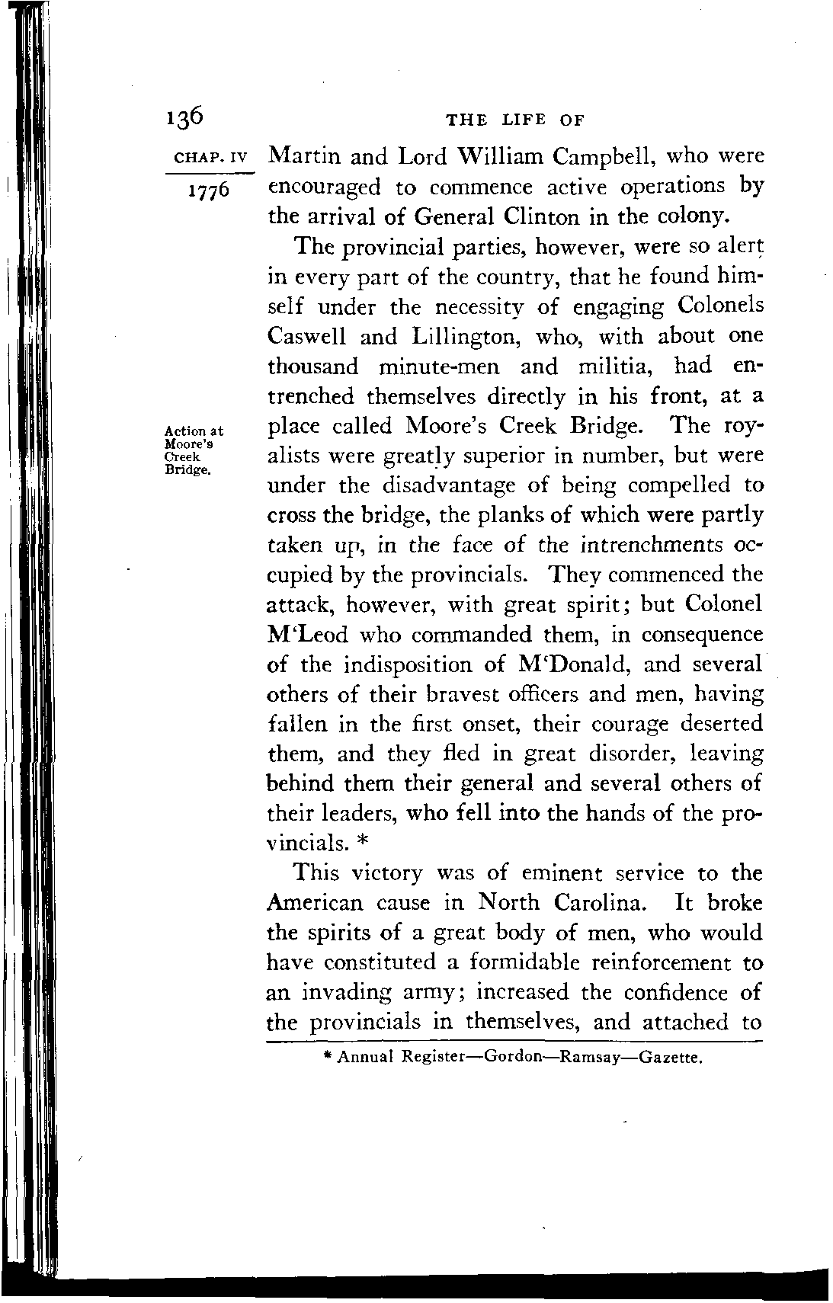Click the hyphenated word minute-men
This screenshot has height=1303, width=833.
[x=438, y=367]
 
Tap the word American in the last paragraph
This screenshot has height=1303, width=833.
[x=315, y=903]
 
